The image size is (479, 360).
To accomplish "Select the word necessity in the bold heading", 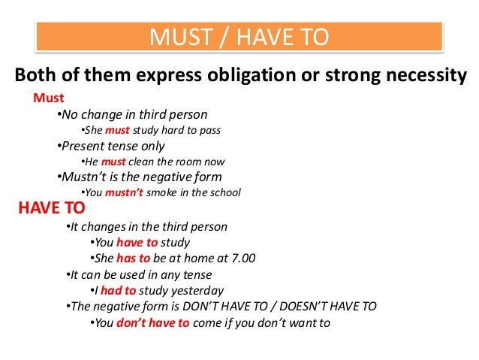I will pos(425,75).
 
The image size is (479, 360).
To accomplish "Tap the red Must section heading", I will pos(50,98).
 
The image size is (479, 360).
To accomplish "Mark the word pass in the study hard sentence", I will pos(210,130).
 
